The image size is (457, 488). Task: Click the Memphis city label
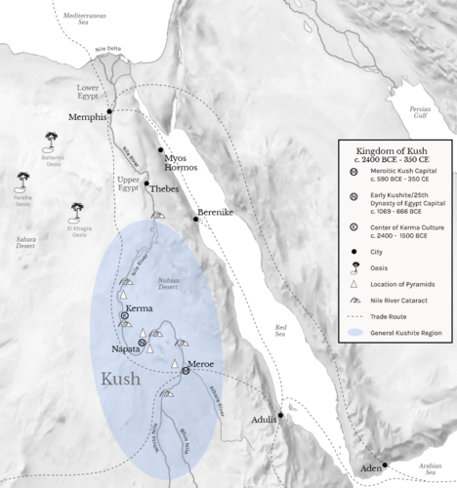pyautogui.click(x=87, y=117)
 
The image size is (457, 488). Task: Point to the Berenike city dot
pyautogui.click(x=195, y=220)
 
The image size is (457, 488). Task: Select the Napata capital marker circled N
pyautogui.click(x=142, y=343)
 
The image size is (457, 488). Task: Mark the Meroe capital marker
pyautogui.click(x=185, y=370)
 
